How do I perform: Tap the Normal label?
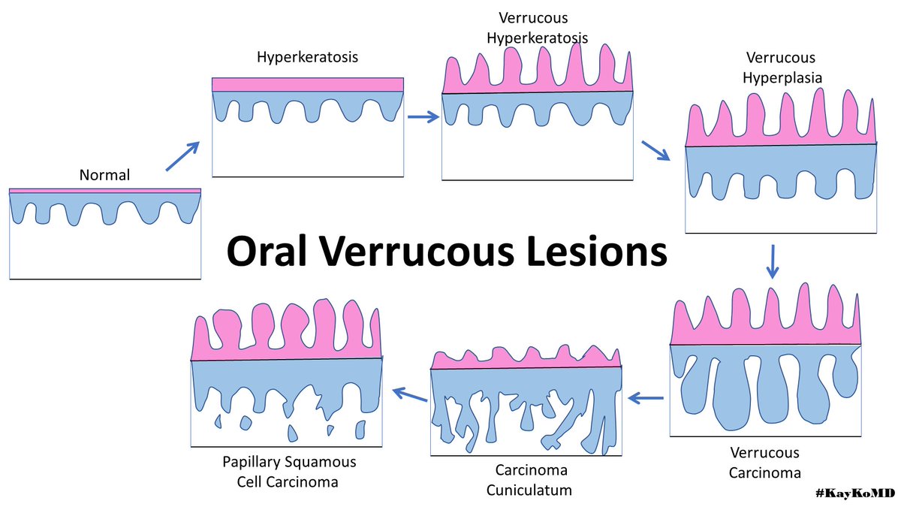click(x=104, y=175)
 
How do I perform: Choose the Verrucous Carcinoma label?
click(x=765, y=463)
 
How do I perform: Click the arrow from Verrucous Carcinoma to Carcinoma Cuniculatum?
click(x=646, y=398)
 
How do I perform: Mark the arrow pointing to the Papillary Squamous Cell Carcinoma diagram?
click(x=407, y=393)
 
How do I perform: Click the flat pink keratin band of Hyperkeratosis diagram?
click(x=308, y=84)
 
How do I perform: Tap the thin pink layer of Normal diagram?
click(x=105, y=191)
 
